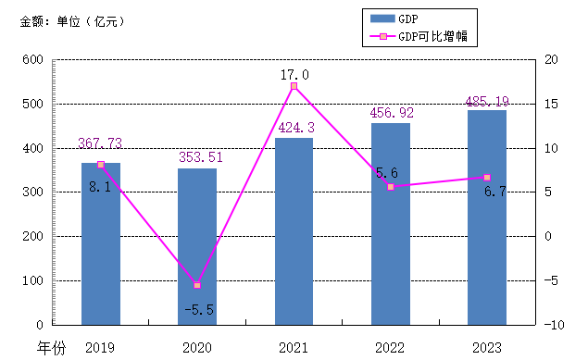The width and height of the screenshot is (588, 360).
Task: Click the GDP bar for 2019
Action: pyautogui.click(x=101, y=244)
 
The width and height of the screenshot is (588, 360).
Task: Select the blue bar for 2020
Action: pyautogui.click(x=197, y=246)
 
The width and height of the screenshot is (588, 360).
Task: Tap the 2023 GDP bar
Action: pyautogui.click(x=487, y=217)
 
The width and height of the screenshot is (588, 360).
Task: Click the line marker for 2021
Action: pyautogui.click(x=294, y=86)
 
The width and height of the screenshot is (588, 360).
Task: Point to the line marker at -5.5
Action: pyautogui.click(x=197, y=285)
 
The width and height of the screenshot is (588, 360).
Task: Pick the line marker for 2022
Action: pyautogui.click(x=391, y=187)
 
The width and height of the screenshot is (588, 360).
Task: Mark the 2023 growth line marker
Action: pyautogui.click(x=487, y=177)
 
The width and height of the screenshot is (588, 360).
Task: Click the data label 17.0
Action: pyautogui.click(x=294, y=75)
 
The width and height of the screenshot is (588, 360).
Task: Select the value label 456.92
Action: pyautogui.click(x=392, y=112)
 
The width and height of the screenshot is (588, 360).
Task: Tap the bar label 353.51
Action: pyautogui.click(x=201, y=157)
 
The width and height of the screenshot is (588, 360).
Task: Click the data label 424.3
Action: pyautogui.click(x=296, y=128)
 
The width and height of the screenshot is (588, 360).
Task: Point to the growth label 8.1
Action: pyautogui.click(x=100, y=187)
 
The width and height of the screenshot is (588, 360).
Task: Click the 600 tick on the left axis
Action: pyautogui.click(x=33, y=59)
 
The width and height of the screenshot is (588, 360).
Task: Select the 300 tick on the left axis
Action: pyautogui.click(x=33, y=192)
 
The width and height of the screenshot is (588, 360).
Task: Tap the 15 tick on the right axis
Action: pyautogui.click(x=551, y=104)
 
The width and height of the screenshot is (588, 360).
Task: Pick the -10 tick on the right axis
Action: pyautogui.click(x=554, y=325)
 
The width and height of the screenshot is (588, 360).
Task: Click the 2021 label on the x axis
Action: pyautogui.click(x=294, y=348)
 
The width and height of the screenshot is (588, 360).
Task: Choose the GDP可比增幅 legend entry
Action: pyautogui.click(x=419, y=36)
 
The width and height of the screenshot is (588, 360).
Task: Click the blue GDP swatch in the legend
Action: pyautogui.click(x=382, y=19)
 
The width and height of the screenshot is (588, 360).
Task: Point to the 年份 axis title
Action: pyautogui.click(x=51, y=348)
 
